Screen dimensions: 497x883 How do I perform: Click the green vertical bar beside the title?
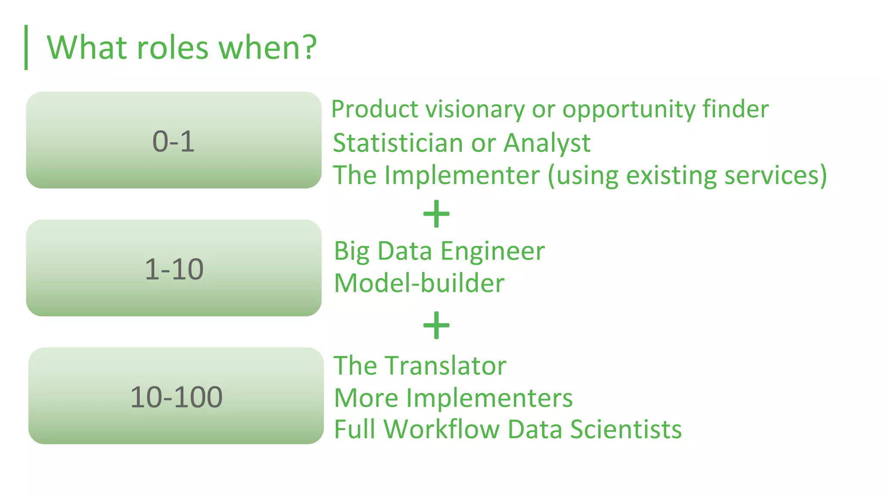click(x=26, y=47)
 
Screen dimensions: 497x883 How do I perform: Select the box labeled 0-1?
click(x=174, y=140)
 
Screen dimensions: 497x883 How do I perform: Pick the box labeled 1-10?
click(x=174, y=268)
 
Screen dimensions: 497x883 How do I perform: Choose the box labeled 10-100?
click(x=176, y=396)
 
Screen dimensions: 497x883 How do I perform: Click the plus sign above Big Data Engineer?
click(x=436, y=214)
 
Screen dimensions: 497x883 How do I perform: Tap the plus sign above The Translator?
click(x=436, y=325)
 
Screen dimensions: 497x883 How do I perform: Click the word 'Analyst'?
click(x=547, y=143)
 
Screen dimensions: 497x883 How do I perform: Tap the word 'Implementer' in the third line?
click(x=462, y=175)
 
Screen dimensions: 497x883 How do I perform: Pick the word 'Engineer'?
click(x=492, y=251)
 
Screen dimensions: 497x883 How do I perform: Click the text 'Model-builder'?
click(x=419, y=283)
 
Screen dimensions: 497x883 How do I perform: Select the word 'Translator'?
click(x=446, y=366)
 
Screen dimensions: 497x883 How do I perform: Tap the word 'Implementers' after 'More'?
click(x=489, y=398)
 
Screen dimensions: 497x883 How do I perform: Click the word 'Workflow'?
click(x=441, y=429)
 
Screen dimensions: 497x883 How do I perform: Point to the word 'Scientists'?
click(x=626, y=429)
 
